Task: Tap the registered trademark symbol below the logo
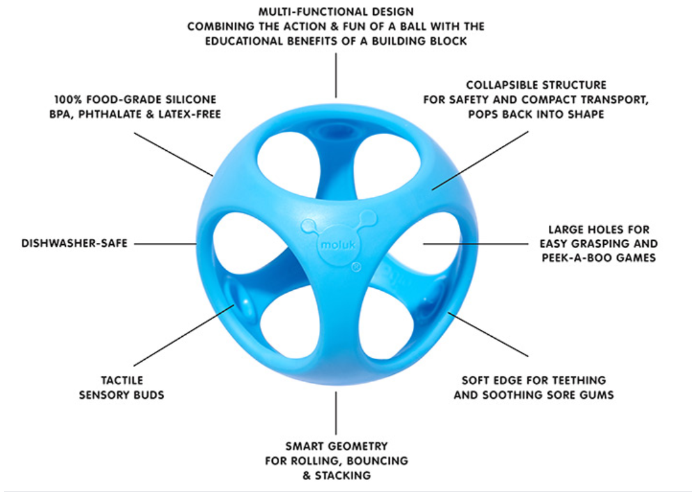[x=356, y=267]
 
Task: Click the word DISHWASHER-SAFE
[x=74, y=243]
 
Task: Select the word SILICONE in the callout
[x=189, y=99]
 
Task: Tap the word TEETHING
[x=578, y=380]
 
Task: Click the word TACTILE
[x=122, y=380]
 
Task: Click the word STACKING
[x=343, y=475]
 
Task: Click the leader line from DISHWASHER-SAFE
[x=165, y=243]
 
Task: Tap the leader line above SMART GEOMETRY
[x=336, y=413]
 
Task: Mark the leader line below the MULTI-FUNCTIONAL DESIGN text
[x=336, y=75]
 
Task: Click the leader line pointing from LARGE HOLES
[x=475, y=243]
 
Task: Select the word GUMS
[x=597, y=395]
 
